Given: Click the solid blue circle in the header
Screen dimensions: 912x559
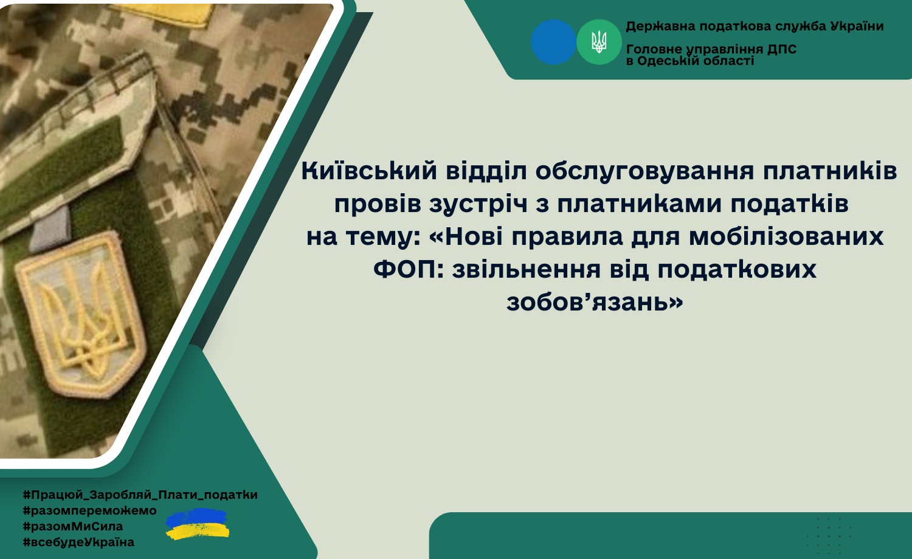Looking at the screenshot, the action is (x=553, y=42).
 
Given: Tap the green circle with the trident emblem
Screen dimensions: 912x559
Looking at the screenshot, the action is (x=599, y=42).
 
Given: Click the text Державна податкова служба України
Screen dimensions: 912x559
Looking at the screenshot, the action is (x=755, y=27).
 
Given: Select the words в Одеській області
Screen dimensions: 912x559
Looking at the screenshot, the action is (x=690, y=61).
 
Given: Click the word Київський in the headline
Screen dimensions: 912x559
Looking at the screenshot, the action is (x=369, y=171).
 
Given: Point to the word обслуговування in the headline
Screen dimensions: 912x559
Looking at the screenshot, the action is (x=644, y=172).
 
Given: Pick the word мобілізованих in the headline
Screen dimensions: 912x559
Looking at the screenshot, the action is (x=786, y=236).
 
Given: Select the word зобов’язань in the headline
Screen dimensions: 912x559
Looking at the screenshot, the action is (x=595, y=303).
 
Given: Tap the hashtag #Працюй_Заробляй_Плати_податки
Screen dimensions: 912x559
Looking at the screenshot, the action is (x=140, y=495).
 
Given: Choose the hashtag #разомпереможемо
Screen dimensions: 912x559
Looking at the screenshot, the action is (x=89, y=510).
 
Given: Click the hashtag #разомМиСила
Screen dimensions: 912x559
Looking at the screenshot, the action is (x=73, y=526).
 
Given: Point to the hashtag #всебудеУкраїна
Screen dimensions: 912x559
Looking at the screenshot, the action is (x=78, y=543).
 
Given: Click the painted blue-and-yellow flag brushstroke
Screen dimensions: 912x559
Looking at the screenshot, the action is (x=198, y=524).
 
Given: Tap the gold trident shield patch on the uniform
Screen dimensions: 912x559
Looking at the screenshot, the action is (x=81, y=315).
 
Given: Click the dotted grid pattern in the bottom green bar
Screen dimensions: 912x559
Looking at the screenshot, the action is (x=829, y=537).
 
